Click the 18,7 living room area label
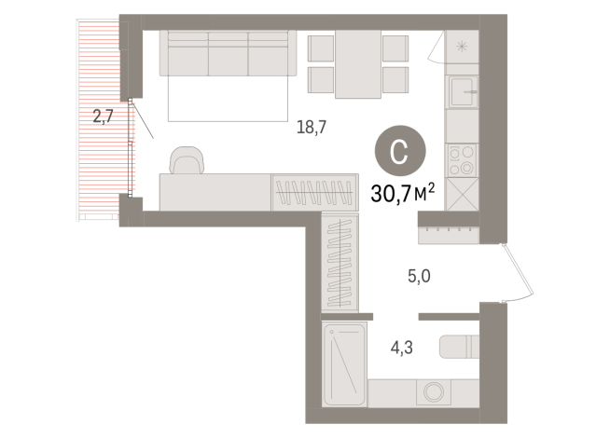tap(311, 129)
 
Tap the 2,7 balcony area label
tap(103, 116)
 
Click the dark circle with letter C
tap(399, 152)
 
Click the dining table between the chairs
tap(359, 63)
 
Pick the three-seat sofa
tap(228, 53)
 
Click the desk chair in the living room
tap(187, 161)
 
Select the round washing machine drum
tap(432, 392)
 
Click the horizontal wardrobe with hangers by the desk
tap(313, 192)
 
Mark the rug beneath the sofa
tap(228, 100)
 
